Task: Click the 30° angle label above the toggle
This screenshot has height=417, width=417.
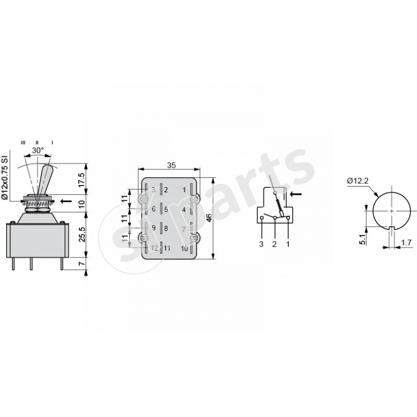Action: [38, 150]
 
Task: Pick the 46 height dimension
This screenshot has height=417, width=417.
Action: [210, 218]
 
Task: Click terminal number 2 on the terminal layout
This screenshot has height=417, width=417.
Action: [166, 190]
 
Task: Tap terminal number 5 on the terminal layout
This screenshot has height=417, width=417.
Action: [166, 210]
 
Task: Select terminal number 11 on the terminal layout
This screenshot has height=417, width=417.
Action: [167, 248]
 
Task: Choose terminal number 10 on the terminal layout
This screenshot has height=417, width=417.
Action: [185, 248]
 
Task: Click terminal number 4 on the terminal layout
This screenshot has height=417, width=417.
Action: [185, 210]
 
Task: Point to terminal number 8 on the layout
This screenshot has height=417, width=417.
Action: [166, 228]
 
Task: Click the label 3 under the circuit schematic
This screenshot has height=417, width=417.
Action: [261, 243]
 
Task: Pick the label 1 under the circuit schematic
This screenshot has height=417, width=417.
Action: [287, 243]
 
